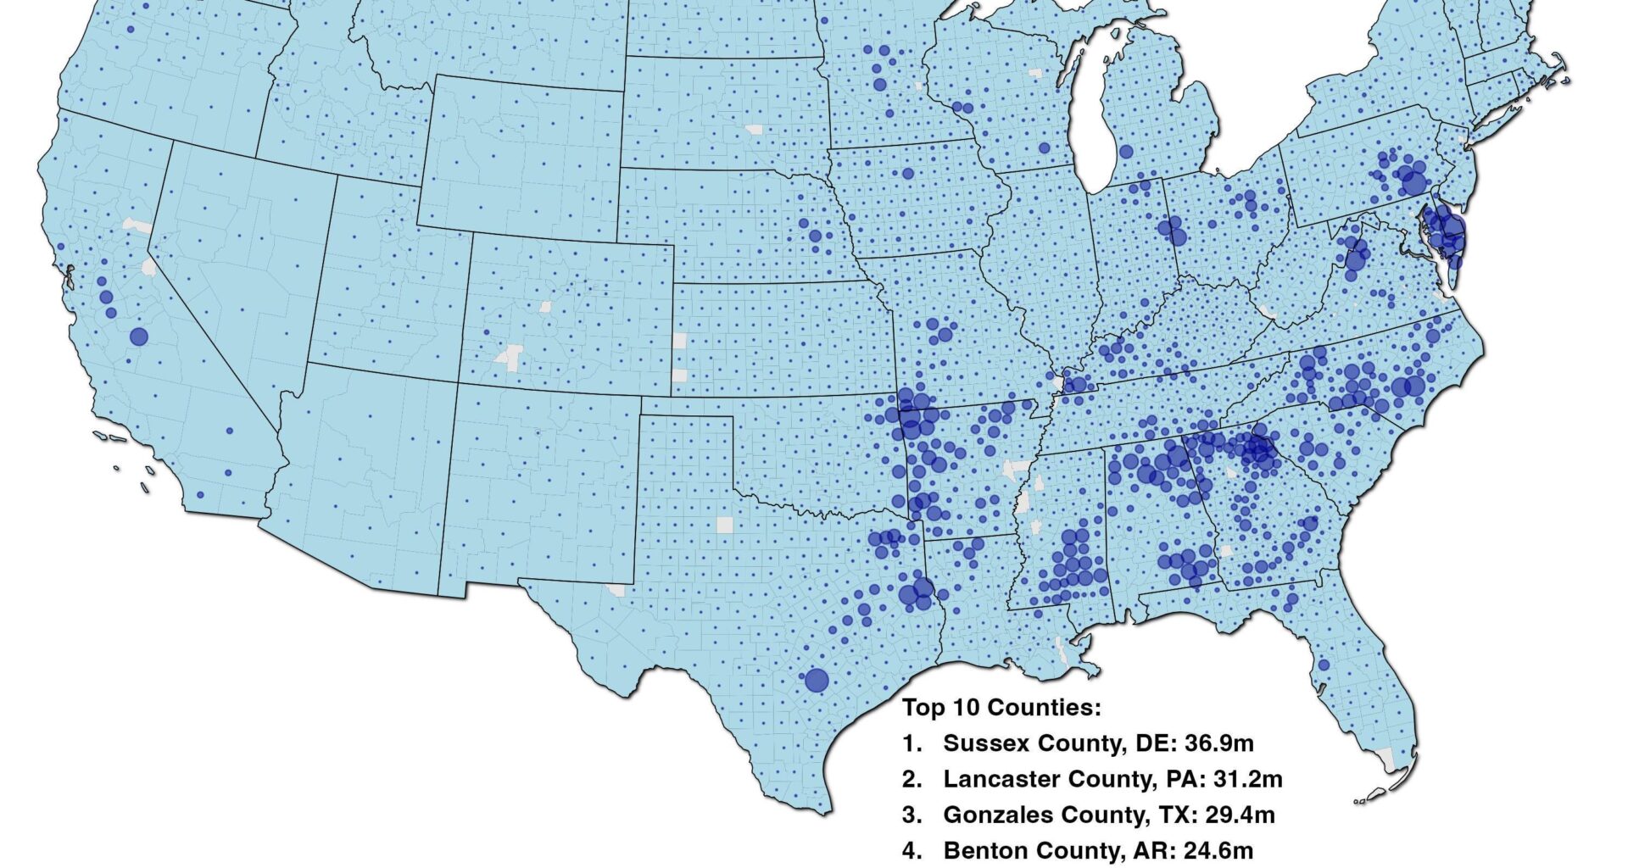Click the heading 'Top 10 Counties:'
[1001, 707]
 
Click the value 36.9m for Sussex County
[1218, 743]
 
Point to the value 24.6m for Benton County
[1218, 850]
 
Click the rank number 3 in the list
[912, 815]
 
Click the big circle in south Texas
[817, 680]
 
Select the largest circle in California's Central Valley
[139, 337]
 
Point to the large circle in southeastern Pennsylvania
[1413, 181]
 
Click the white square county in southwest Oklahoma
[724, 525]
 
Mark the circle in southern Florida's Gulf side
[1324, 665]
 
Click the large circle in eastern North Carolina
[1413, 387]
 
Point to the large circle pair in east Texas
[916, 592]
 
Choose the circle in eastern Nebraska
[815, 236]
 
